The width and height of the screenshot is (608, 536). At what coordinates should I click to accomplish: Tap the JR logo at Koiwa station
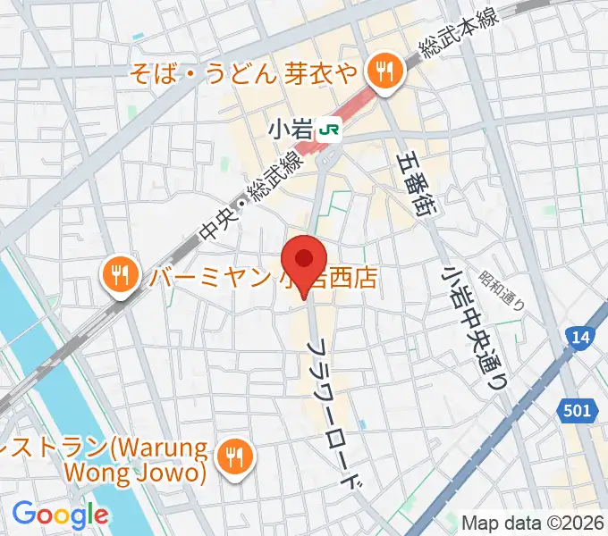click(330, 130)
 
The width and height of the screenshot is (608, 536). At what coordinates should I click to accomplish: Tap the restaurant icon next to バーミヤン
click(118, 273)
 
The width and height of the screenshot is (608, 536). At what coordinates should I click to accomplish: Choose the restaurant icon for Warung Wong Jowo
click(235, 457)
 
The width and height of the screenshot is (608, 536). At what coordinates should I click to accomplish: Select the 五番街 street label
click(417, 183)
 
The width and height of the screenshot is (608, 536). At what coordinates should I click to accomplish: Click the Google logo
click(60, 515)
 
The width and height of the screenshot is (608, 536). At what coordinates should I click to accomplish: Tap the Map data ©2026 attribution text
click(533, 523)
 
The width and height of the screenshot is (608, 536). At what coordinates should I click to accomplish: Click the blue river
click(54, 375)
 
